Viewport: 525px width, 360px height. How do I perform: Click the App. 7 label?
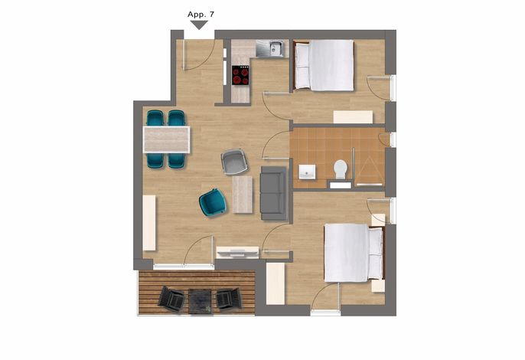tap(201, 15)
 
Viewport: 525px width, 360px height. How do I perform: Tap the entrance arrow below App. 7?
tap(199, 25)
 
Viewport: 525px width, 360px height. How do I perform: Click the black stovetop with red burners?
tap(240, 75)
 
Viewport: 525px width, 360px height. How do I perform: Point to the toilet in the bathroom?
tap(341, 169)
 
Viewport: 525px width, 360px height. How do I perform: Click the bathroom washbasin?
tap(307, 172)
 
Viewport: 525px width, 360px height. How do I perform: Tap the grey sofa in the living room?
tap(274, 193)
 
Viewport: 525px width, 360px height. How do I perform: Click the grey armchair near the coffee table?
tap(234, 162)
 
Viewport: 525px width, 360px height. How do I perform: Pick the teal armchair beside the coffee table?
tap(212, 202)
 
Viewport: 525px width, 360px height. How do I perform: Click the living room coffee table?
tap(243, 195)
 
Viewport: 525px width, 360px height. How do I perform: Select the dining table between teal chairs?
tap(166, 139)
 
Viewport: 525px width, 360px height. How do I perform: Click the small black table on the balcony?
tap(201, 301)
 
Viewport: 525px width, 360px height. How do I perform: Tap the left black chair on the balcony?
tap(171, 299)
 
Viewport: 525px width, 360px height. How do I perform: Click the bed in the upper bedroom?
tap(324, 65)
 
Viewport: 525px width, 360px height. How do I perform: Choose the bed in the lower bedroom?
tap(354, 253)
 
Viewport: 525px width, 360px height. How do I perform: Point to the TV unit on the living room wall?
tap(237, 252)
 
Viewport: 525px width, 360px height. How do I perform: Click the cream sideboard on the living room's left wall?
tap(149, 223)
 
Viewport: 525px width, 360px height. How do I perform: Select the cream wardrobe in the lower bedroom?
tap(276, 283)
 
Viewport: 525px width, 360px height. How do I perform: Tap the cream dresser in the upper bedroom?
tap(353, 117)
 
